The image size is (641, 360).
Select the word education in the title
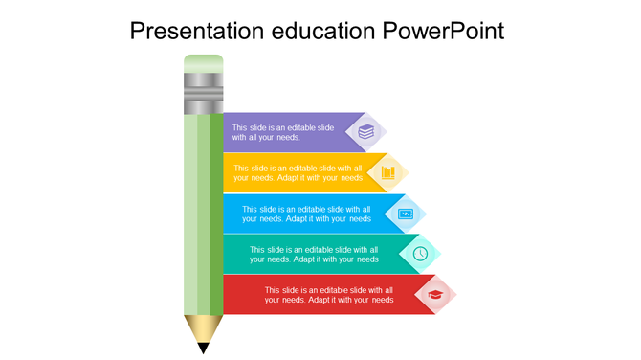pos(325,32)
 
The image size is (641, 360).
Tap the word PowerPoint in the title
pos(443,32)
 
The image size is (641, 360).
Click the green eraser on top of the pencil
pos(203,63)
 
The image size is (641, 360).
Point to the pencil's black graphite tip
pos(203,348)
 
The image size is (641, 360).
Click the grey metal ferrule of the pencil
pos(203,94)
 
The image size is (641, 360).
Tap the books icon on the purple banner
pos(365,132)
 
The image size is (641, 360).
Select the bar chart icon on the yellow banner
pos(387,172)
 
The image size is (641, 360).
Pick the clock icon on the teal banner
pos(420,253)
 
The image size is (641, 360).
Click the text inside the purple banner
pos(283,132)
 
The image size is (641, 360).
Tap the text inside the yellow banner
pos(298,172)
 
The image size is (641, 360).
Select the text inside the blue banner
pos(306,214)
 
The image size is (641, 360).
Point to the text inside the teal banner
pos(314,254)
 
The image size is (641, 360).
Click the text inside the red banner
pos(329,294)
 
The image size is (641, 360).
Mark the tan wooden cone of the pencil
pos(202,327)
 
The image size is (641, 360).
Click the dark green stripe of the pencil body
pos(216,211)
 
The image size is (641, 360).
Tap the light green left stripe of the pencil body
pos(190,211)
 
